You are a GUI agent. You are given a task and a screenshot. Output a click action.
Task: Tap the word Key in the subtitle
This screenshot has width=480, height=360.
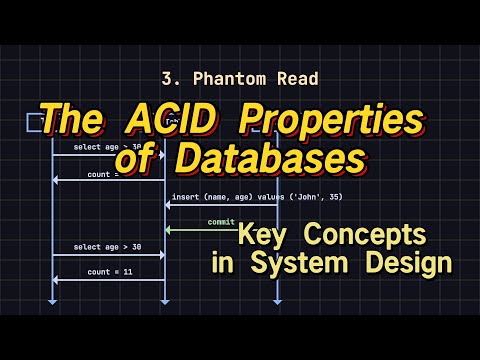pyautogui.click(x=264, y=237)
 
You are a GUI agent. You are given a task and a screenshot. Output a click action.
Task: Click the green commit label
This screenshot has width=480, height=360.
pyautogui.click(x=221, y=221)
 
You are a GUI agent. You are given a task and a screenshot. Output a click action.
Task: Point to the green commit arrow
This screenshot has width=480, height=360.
pyautogui.click(x=221, y=230)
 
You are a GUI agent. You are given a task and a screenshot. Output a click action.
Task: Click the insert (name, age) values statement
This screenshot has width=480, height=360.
pyautogui.click(x=256, y=196)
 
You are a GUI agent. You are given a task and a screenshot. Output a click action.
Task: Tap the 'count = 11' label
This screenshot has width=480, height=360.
pyautogui.click(x=108, y=271)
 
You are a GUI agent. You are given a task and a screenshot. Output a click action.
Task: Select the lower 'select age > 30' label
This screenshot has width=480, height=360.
pyautogui.click(x=108, y=246)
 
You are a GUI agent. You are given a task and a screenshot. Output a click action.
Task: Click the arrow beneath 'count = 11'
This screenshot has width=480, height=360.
pyautogui.click(x=108, y=280)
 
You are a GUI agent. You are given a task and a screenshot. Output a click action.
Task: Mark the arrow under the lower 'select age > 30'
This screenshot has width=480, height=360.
pyautogui.click(x=108, y=255)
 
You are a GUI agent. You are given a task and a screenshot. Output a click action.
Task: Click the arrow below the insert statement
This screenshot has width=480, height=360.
pyautogui.click(x=221, y=205)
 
